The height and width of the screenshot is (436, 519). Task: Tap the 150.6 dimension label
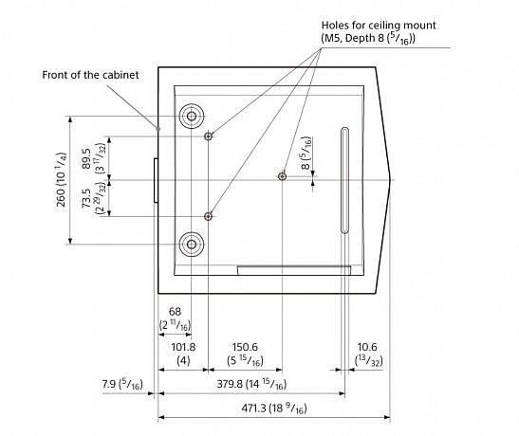pyautogui.click(x=245, y=347)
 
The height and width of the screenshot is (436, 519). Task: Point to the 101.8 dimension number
pyautogui.click(x=183, y=347)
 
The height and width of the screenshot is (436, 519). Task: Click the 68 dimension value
pyautogui.click(x=176, y=312)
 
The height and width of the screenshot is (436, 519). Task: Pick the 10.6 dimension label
pyautogui.click(x=367, y=347)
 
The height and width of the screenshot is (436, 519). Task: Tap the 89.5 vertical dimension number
pyautogui.click(x=86, y=158)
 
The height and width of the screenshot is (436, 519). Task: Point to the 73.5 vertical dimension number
pyautogui.click(x=86, y=198)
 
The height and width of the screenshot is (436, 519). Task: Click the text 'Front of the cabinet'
pyautogui.click(x=90, y=75)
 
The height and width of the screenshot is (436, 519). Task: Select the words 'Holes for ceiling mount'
pyautogui.click(x=379, y=26)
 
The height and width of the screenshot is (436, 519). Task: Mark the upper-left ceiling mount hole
pyautogui.click(x=208, y=136)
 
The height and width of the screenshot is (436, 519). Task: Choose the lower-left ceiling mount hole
pyautogui.click(x=208, y=216)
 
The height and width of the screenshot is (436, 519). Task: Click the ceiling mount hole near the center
pyautogui.click(x=282, y=176)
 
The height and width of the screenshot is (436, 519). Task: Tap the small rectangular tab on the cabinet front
pyautogui.click(x=156, y=180)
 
